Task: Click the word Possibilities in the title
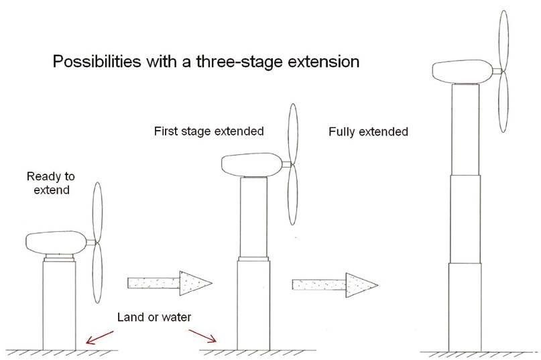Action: click(97, 62)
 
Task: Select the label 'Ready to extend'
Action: click(51, 183)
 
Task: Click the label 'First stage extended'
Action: click(208, 131)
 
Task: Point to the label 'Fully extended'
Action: click(368, 131)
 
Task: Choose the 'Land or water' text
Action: click(154, 317)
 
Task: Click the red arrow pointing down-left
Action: click(99, 338)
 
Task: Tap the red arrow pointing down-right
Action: click(202, 336)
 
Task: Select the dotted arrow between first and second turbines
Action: click(170, 283)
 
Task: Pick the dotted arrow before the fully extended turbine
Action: click(335, 285)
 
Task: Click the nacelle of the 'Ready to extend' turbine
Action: click(56, 243)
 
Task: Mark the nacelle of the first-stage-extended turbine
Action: click(252, 165)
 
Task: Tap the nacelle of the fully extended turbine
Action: click(463, 72)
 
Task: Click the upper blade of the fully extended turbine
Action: click(503, 40)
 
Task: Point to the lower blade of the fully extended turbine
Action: click(503, 102)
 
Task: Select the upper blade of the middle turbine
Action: click(293, 134)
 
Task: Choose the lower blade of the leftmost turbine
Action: click(98, 273)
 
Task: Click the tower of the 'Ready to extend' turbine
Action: click(60, 306)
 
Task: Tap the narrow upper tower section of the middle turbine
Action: click(253, 217)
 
